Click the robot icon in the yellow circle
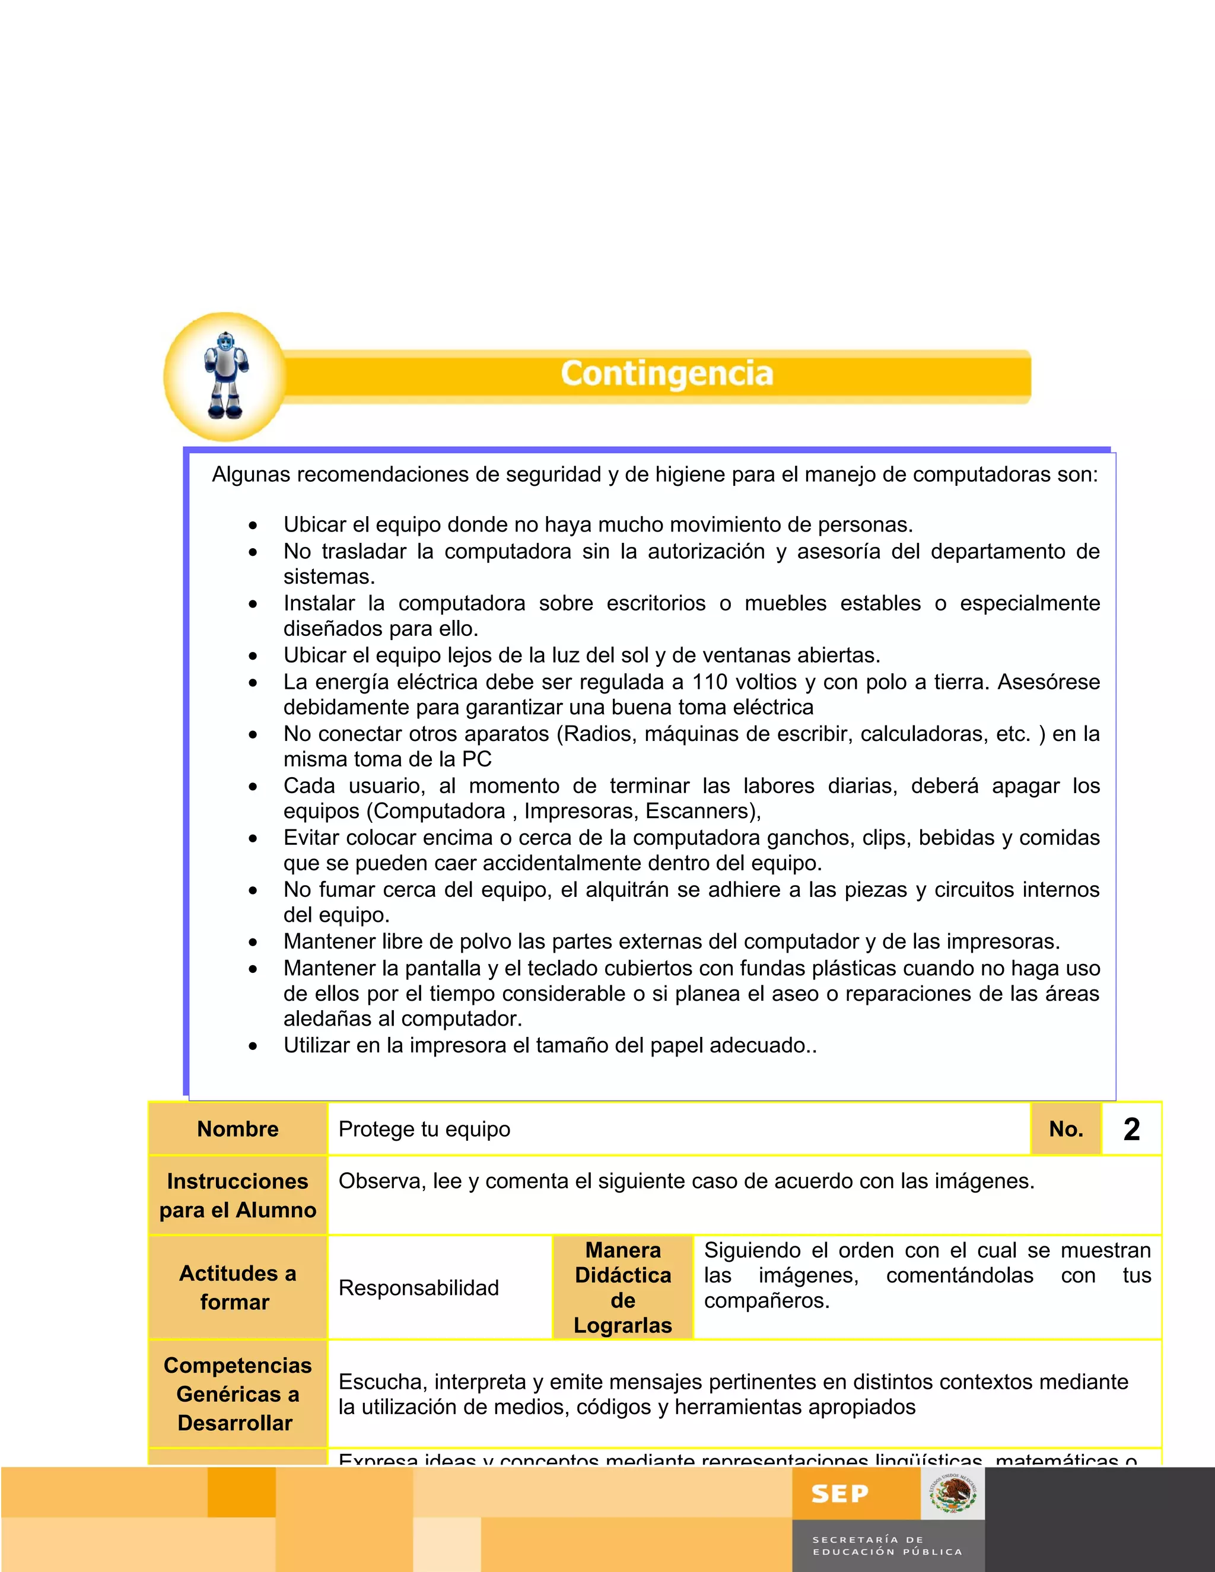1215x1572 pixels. [x=226, y=375]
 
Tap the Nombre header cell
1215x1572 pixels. [x=237, y=1129]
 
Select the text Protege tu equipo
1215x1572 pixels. [x=424, y=1129]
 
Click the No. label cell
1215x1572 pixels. [x=1066, y=1129]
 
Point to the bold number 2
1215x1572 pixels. [x=1131, y=1129]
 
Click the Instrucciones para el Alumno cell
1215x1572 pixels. [x=237, y=1195]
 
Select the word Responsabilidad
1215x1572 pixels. [x=418, y=1288]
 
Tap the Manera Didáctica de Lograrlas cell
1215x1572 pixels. [x=622, y=1287]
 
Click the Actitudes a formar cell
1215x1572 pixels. [x=237, y=1287]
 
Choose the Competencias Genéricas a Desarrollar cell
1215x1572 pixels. [x=237, y=1393]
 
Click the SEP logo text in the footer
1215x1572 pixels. [x=839, y=1494]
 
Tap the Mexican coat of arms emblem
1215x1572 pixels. [x=953, y=1494]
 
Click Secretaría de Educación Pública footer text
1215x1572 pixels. [x=887, y=1545]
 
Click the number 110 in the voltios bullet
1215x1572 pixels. [x=710, y=682]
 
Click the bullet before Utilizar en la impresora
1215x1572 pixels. [x=253, y=1046]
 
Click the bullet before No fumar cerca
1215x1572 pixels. [x=253, y=891]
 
